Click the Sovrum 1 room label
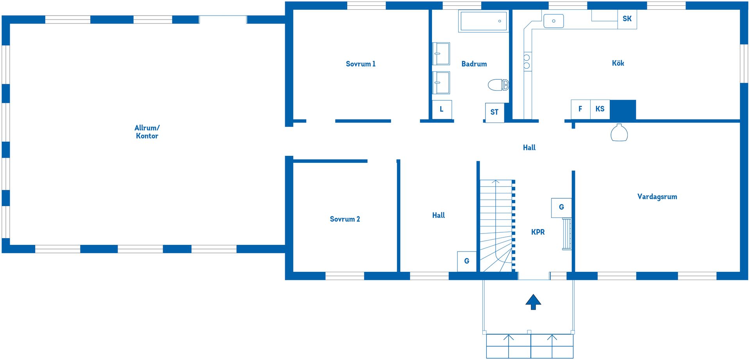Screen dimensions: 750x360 click(361, 64)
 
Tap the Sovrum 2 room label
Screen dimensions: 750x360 click(345, 219)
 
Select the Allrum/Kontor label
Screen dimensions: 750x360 click(147, 132)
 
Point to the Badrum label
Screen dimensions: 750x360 click(474, 64)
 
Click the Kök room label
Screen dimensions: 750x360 click(618, 63)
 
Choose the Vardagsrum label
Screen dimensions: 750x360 click(657, 197)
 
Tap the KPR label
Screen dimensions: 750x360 click(538, 232)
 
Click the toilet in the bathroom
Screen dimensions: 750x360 click(498, 85)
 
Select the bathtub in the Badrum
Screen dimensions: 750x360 click(484, 21)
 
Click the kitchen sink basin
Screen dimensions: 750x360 click(554, 21)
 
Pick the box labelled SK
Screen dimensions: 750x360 click(627, 19)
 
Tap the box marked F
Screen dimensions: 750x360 click(580, 109)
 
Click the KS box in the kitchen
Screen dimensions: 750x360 click(600, 109)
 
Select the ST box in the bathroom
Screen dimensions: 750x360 click(495, 112)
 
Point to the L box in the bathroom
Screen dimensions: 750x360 click(442, 109)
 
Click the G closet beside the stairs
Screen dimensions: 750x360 click(467, 261)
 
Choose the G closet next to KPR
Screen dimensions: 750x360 click(561, 208)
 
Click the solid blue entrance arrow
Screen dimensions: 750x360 click(533, 302)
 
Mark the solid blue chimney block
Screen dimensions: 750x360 click(623, 110)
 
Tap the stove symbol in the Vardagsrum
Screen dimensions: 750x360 click(619, 132)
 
